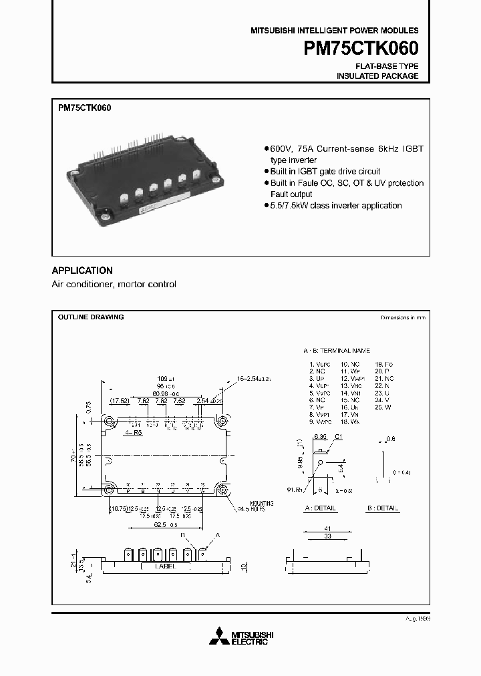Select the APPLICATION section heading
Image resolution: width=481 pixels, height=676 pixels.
82,271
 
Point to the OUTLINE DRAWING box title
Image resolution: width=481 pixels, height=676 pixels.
90,317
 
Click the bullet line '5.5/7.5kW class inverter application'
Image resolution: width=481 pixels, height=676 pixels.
336,206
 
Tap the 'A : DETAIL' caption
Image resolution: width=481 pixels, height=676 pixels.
320,508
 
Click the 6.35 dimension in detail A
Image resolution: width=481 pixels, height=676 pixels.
319,436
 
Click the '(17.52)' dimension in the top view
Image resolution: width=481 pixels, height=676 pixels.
120,401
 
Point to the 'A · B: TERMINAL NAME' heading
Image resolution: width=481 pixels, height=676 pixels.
336,351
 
